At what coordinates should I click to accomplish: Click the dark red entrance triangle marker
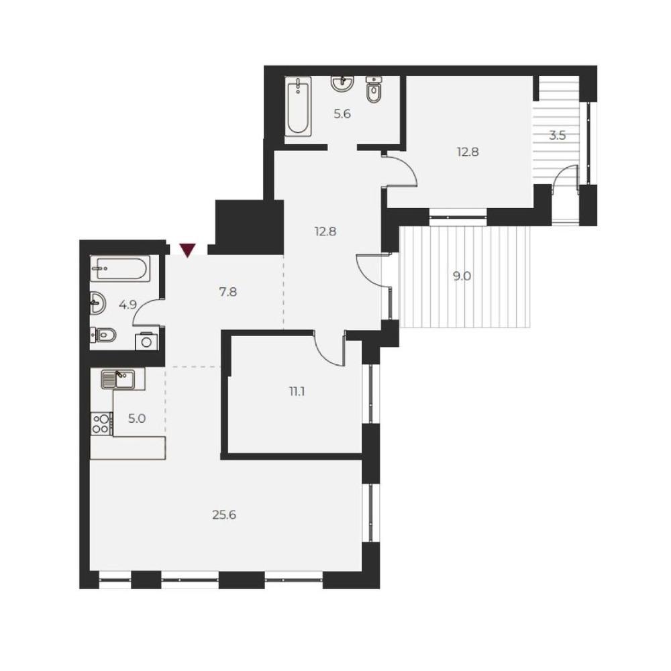[187, 250]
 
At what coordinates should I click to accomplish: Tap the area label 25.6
[224, 515]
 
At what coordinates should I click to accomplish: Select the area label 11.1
[297, 391]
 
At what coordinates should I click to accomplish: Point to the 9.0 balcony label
[462, 276]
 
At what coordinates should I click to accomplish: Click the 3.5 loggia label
[557, 136]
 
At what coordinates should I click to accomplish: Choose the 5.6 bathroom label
[342, 114]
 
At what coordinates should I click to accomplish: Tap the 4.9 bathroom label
[127, 305]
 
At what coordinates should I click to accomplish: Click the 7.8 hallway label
[227, 293]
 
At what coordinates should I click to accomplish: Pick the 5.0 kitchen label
[136, 419]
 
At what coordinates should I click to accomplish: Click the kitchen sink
[118, 379]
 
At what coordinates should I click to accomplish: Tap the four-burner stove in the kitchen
[101, 423]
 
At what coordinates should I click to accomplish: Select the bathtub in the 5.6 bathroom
[299, 107]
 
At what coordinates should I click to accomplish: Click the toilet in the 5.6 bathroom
[374, 90]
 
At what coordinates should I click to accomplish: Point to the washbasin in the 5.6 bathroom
[342, 83]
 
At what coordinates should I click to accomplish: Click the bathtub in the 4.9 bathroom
[120, 269]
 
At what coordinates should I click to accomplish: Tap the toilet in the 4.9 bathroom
[103, 335]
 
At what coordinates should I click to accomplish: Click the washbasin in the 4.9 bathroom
[98, 303]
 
